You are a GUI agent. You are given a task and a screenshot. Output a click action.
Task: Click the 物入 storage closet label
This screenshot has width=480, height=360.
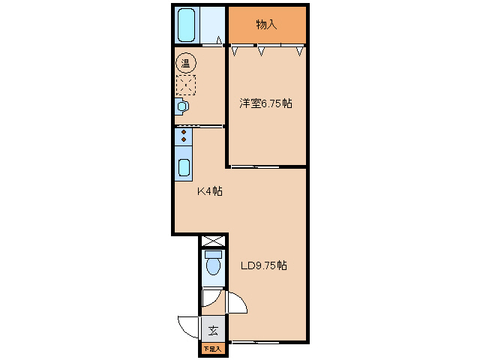pyautogui.click(x=266, y=25)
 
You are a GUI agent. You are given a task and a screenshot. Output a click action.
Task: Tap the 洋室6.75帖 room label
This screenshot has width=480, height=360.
pyautogui.click(x=265, y=103)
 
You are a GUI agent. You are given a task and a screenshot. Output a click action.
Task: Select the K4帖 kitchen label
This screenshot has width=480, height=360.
pyautogui.click(x=210, y=191)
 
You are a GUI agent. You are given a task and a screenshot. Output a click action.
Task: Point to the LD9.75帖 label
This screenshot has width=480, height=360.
pyautogui.click(x=264, y=265)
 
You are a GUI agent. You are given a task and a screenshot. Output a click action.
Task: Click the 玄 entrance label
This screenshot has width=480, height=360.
pyautogui.click(x=213, y=331)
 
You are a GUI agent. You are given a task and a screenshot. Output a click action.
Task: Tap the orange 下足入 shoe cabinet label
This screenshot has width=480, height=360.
pyautogui.click(x=212, y=349)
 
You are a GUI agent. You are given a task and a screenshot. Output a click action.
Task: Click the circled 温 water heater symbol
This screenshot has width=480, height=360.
pyautogui.click(x=186, y=63)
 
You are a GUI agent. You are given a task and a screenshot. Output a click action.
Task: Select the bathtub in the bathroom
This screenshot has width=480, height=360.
pyautogui.click(x=187, y=25)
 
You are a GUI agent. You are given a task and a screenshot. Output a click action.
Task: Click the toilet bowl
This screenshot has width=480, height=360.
pyautogui.click(x=213, y=266)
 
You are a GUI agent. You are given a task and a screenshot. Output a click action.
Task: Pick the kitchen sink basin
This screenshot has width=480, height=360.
pyautogui.click(x=184, y=168)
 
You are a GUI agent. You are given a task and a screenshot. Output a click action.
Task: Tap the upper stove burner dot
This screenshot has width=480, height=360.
pyautogui.click(x=184, y=132)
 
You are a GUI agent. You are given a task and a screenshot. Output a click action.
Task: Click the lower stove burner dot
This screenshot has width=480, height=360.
pyautogui.click(x=184, y=139)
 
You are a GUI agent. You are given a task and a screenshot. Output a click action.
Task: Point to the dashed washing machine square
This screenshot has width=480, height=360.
pyautogui.click(x=186, y=85)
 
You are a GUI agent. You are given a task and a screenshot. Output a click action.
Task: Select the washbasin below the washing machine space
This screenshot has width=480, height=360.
pyautogui.click(x=181, y=106)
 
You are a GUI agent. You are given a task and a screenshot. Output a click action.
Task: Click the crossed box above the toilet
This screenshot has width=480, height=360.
pyautogui.click(x=213, y=241)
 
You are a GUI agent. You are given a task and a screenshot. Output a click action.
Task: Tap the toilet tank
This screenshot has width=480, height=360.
pyautogui.click(x=213, y=254)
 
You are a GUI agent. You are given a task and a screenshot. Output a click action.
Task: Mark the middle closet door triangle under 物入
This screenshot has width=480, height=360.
pyautogui.click(x=261, y=51)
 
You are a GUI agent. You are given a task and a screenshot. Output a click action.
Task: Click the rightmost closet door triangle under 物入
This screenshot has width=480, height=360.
pyautogui.click(x=300, y=51)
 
